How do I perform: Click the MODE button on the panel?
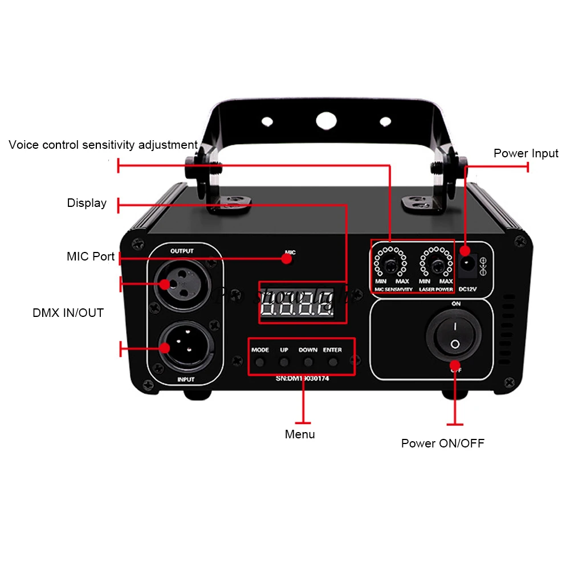click(260, 362)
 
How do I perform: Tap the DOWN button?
click(308, 362)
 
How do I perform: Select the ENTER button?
click(333, 362)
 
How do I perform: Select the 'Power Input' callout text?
click(526, 153)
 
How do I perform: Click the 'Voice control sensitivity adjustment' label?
click(103, 145)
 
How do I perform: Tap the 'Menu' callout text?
click(300, 434)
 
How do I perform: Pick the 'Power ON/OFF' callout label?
click(442, 443)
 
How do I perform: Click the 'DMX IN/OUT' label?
click(68, 313)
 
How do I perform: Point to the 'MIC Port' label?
click(91, 256)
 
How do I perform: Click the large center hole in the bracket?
click(325, 121)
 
